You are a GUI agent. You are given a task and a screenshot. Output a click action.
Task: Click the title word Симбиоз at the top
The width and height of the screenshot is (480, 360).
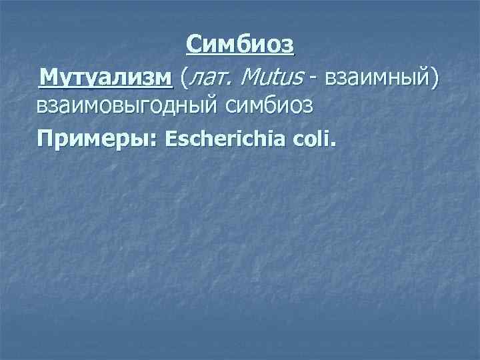pos(240,45)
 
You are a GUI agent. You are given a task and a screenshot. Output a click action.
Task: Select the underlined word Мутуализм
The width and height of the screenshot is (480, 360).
pos(106,77)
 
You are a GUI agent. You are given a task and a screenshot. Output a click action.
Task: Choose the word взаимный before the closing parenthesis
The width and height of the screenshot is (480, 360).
pos(375,79)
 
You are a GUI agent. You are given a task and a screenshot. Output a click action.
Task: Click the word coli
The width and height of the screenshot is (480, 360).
pos(315,139)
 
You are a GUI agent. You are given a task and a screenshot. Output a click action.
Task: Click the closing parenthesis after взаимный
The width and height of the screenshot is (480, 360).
pos(435,79)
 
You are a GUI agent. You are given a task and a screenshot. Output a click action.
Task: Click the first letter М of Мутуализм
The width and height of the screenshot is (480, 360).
pos(48,77)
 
